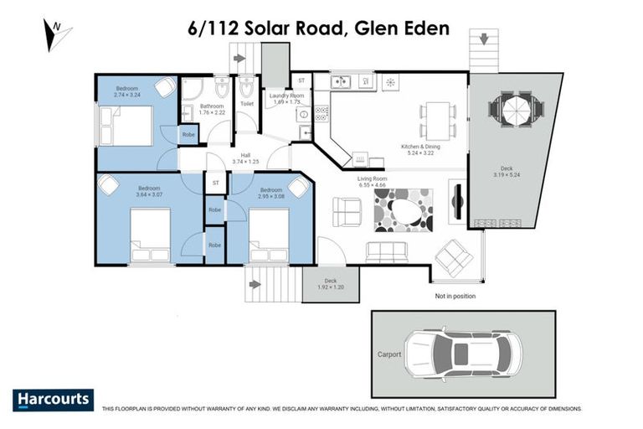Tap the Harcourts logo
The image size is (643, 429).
click(54, 400)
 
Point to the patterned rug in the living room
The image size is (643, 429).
click(404, 209)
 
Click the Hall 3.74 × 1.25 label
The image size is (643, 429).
click(246, 158)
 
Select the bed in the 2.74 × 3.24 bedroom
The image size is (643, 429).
click(126, 126)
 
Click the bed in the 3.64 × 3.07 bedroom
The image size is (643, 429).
click(151, 235)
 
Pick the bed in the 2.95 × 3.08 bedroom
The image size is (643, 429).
click(269, 235)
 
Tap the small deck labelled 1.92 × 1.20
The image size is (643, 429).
click(331, 284)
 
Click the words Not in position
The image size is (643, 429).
click(455, 297)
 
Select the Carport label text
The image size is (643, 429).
click(388, 354)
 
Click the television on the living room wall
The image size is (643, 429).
click(456, 201)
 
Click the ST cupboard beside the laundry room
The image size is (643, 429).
click(301, 80)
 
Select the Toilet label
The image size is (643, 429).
click(246, 104)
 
